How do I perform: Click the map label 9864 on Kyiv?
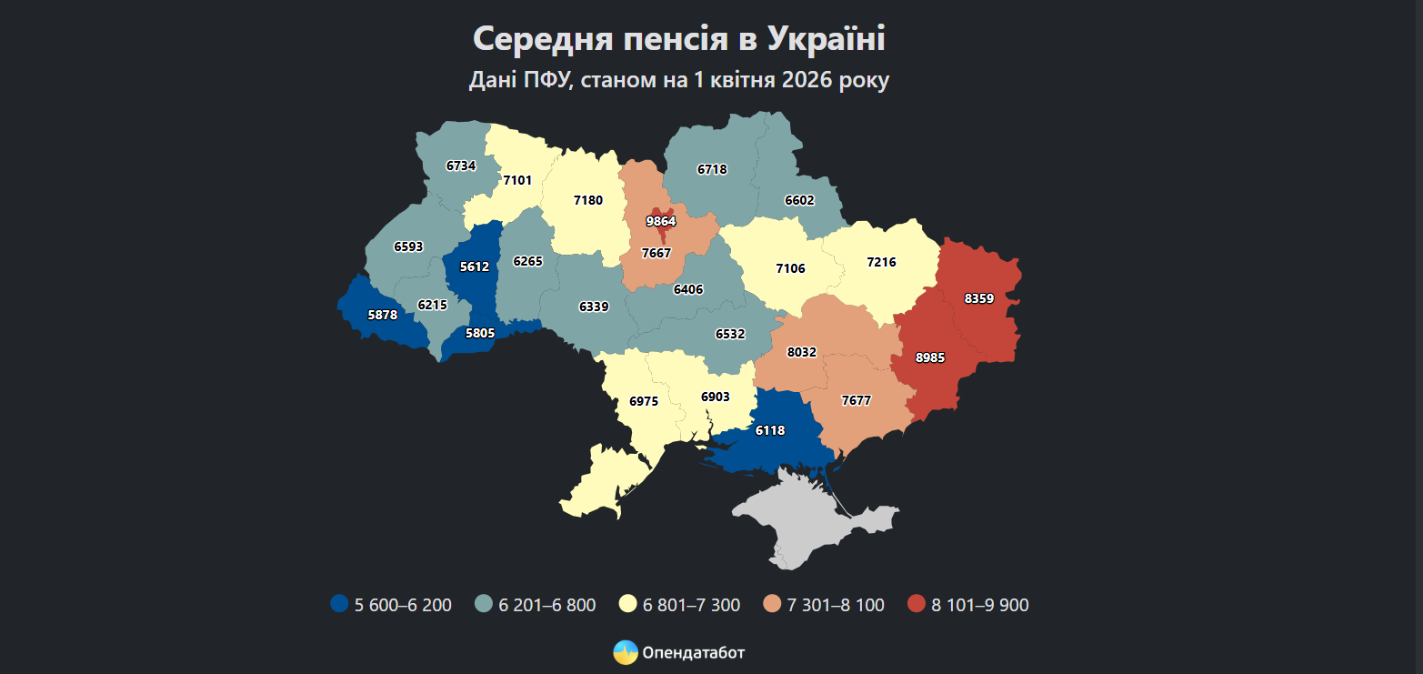[661, 221]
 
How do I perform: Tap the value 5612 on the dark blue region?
[475, 267]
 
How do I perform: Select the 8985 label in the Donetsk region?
[930, 358]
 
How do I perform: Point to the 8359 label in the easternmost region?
[979, 298]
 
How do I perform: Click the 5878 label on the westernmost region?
[383, 315]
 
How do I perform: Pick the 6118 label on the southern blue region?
[769, 430]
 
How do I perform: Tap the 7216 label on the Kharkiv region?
[881, 262]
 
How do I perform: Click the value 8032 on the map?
[803, 351]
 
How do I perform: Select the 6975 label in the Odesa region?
[644, 401]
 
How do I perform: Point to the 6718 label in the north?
[712, 169]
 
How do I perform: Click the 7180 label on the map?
[588, 200]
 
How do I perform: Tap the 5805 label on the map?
[480, 334]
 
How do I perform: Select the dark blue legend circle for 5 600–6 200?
[339, 605]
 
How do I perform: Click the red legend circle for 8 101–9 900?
[916, 605]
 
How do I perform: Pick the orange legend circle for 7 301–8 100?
[771, 605]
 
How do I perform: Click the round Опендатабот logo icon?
[625, 653]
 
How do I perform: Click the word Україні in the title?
[825, 39]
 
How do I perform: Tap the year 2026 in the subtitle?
[801, 80]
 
